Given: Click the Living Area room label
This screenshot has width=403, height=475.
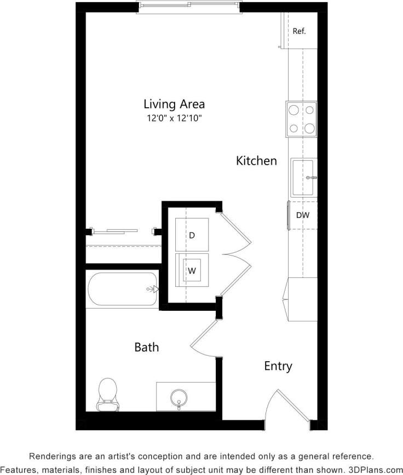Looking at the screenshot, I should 174,103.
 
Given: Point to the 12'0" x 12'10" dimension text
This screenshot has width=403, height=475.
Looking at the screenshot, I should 174,118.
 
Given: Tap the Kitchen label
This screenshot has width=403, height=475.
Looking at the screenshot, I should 256,161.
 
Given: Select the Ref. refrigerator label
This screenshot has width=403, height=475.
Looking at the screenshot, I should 299,31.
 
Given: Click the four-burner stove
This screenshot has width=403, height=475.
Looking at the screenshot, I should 301,119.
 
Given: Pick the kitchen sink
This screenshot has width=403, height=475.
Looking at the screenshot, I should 303,177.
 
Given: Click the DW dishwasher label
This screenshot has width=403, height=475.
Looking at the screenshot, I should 303,215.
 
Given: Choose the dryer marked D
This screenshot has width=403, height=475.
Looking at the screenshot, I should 192,235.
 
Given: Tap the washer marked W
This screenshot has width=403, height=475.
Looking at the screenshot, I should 192,270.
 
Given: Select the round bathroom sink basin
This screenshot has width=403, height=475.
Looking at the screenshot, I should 179,396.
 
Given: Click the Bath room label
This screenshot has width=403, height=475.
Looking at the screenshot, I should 147,347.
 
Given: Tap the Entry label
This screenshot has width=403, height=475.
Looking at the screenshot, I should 278,366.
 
